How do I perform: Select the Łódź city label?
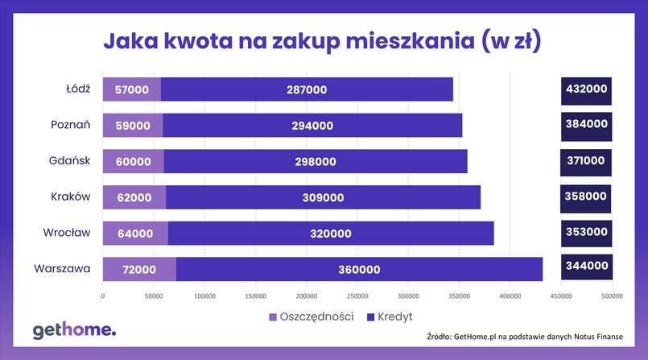coord(78,89)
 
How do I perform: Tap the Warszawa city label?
coord(63,268)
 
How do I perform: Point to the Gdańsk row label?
coord(70,161)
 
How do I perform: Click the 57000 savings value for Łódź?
coord(132,89)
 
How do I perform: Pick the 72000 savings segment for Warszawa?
coord(139,269)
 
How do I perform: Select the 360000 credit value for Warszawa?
coord(359,269)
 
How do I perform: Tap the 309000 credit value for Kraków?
coord(322,197)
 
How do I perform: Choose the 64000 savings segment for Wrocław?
coord(135,233)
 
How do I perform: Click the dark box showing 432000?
coord(586,89)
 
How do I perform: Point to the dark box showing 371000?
coord(586,161)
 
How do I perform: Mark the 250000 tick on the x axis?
coord(357,296)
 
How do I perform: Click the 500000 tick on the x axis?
coord(612,296)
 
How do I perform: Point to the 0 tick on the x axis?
coord(103,296)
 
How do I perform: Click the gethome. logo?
coord(74,330)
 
